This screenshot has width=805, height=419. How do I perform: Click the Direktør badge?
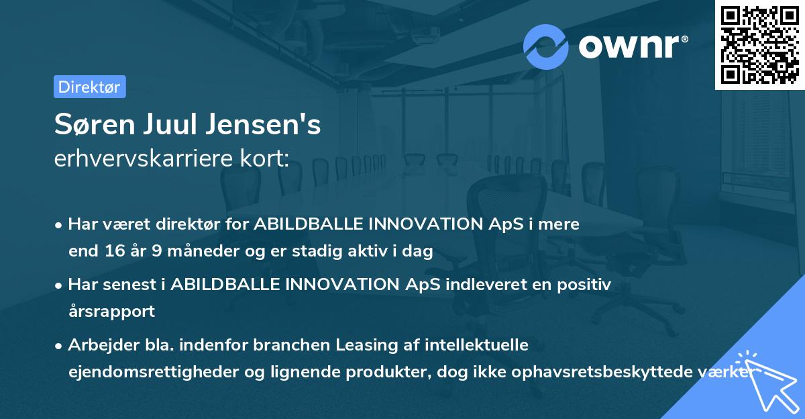[89, 87]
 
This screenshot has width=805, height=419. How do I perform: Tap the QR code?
[759, 44]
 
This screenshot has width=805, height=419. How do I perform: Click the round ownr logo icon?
[546, 46]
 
